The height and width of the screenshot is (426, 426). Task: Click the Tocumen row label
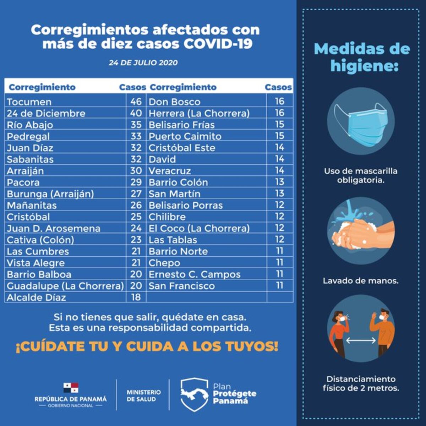(x=29, y=102)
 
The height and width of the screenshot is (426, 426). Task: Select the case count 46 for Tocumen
(x=136, y=102)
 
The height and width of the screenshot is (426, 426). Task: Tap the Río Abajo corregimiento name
(x=30, y=125)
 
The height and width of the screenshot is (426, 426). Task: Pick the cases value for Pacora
(x=136, y=182)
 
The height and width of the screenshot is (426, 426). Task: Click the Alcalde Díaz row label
(x=36, y=297)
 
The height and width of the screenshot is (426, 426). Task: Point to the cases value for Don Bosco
(x=279, y=102)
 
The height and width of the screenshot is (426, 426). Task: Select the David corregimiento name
(x=162, y=159)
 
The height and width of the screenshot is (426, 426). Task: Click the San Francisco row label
(x=181, y=286)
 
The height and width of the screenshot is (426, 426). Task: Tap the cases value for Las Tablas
(x=279, y=240)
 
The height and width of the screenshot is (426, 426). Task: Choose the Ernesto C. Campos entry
(x=194, y=274)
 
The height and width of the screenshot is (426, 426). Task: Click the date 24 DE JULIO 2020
(x=143, y=63)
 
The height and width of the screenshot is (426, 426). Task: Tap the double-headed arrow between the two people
(x=361, y=340)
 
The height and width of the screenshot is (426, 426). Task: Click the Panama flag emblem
(x=71, y=388)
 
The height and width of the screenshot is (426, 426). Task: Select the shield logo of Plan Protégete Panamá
(x=194, y=394)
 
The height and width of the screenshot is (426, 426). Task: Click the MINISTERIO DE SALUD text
(x=143, y=395)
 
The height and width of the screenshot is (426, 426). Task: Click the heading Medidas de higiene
(x=362, y=57)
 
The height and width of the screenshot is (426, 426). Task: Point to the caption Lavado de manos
(x=360, y=281)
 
